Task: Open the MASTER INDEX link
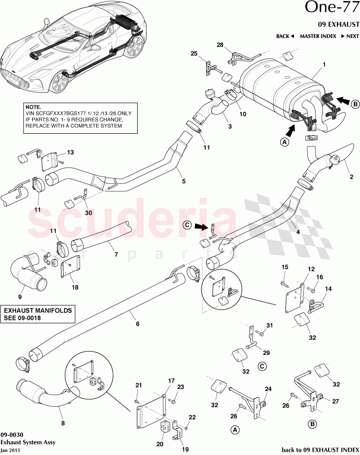(317, 36)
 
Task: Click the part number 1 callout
(324, 64)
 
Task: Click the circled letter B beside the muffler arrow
(355, 103)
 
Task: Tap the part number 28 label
(220, 45)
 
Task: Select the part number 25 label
(194, 53)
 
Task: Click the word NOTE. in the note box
(34, 106)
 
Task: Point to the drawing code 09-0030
(10, 434)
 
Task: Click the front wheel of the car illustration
(59, 82)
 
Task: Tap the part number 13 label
(70, 153)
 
